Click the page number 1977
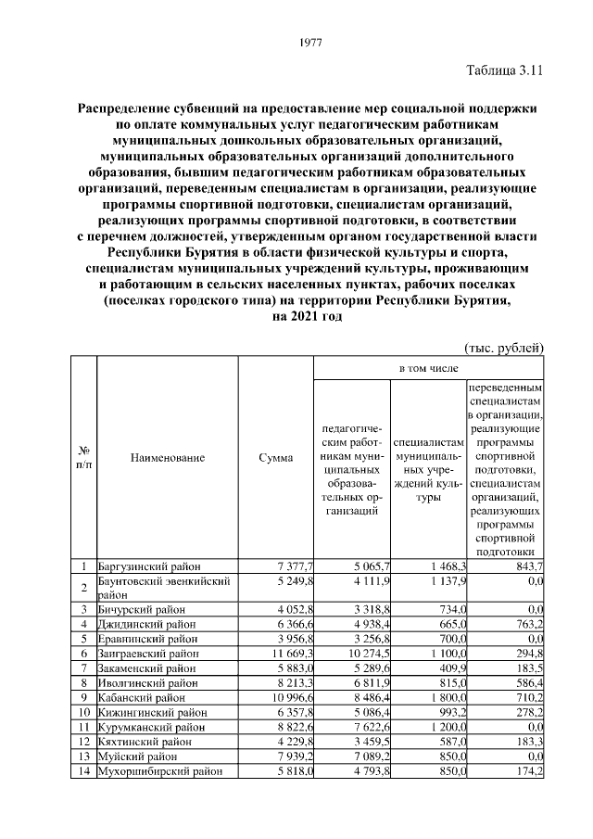pos(310,42)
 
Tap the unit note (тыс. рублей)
pos(502,348)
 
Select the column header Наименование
pos(168,457)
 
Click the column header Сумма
pos(276,457)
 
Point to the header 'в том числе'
pos(428,368)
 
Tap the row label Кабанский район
pos(140,696)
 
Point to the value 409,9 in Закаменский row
pos(449,667)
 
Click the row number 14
pos(83,770)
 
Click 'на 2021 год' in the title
pos(307,317)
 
